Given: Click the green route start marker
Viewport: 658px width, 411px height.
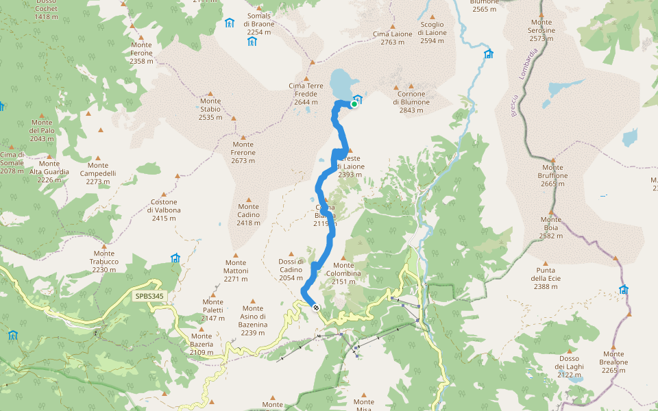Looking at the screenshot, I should tap(354, 104).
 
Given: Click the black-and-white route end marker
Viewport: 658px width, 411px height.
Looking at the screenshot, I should tap(316, 308).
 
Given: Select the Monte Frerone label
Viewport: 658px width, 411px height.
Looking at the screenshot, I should tap(243, 153).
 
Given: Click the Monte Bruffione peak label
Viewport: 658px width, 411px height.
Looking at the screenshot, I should tap(552, 171).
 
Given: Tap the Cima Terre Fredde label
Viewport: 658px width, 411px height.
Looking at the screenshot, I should tap(310, 94).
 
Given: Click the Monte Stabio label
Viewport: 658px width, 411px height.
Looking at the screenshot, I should tap(210, 109).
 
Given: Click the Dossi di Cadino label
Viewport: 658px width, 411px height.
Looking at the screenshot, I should tap(291, 269).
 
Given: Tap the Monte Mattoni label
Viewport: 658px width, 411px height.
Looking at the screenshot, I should tap(236, 271).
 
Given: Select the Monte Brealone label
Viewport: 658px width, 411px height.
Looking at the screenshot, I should tap(614, 362).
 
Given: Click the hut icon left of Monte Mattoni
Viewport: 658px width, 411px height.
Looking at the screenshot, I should tap(175, 258).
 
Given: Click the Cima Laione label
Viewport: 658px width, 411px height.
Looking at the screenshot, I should tap(393, 38).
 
